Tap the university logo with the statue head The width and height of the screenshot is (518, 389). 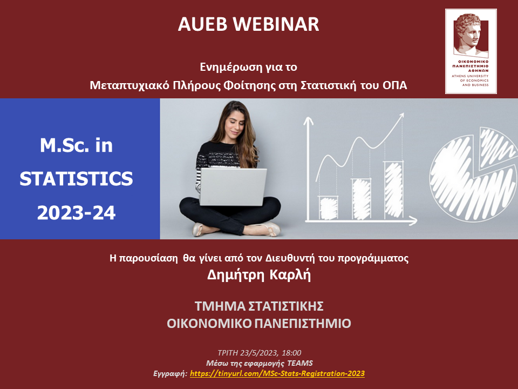[471, 51]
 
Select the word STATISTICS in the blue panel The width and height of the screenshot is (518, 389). [76, 179]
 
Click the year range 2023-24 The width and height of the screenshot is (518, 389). [76, 213]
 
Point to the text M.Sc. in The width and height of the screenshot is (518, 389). [76, 145]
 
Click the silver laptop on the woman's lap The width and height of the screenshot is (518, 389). [233, 187]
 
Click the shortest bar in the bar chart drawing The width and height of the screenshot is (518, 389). [328, 207]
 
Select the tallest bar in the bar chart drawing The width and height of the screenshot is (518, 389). [394, 190]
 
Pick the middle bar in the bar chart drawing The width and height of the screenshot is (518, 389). [361, 199]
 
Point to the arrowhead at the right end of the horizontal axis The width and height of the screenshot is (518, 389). [413, 220]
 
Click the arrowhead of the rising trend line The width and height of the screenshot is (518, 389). [401, 117]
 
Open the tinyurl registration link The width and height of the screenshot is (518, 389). [277, 373]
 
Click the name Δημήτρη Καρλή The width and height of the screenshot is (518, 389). [259, 275]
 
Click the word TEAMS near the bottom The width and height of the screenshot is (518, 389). [300, 363]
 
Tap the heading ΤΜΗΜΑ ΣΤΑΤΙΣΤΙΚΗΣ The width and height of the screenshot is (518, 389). [259, 306]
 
